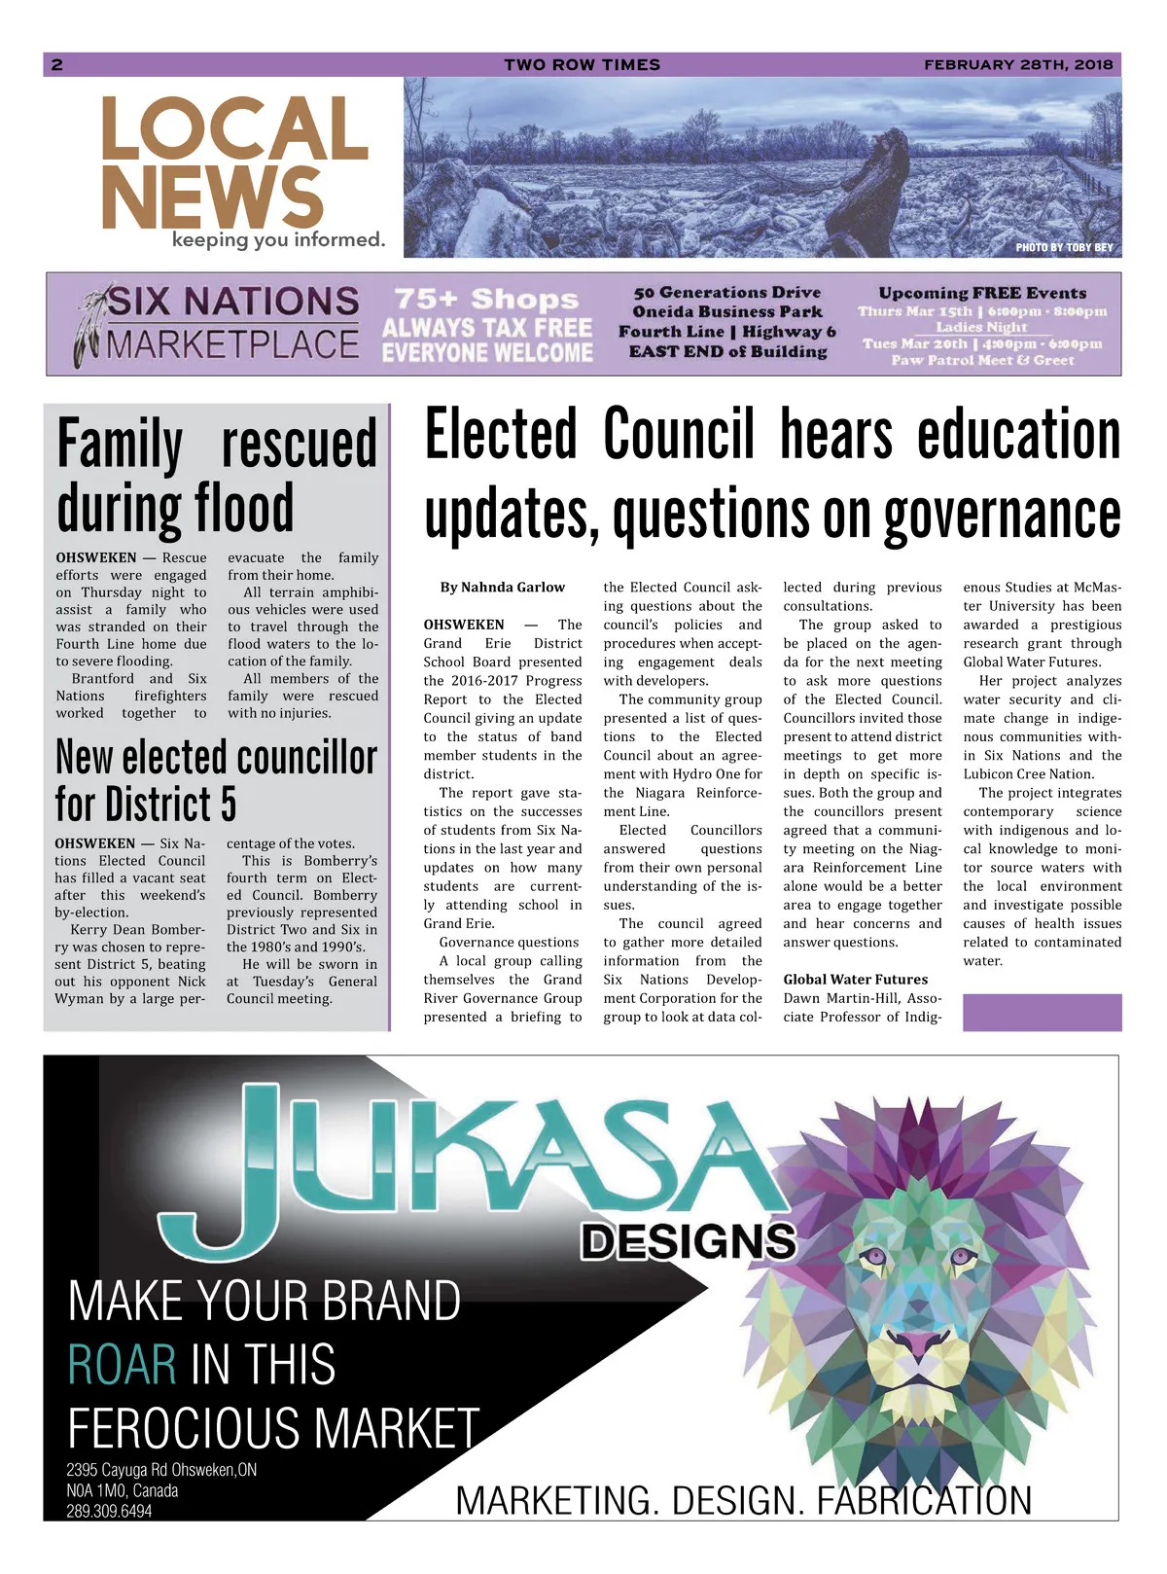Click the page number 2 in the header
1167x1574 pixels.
click(x=57, y=65)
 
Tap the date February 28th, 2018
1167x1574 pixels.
click(x=1017, y=65)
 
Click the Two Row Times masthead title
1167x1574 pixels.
click(x=582, y=65)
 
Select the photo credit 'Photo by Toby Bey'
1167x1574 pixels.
click(x=1064, y=247)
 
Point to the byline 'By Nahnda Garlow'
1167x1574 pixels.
click(x=502, y=588)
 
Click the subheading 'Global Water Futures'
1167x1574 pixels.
click(x=855, y=980)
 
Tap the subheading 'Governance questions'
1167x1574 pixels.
click(x=509, y=942)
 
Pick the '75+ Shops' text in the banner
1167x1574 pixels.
click(x=486, y=299)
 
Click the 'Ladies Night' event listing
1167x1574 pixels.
click(x=980, y=327)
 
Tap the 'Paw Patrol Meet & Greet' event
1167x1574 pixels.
click(x=982, y=360)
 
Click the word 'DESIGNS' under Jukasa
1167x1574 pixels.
click(x=689, y=1241)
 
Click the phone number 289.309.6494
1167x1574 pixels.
click(x=109, y=1511)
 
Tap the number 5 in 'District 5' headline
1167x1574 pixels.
click(x=227, y=805)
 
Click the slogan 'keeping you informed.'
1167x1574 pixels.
click(x=278, y=239)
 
